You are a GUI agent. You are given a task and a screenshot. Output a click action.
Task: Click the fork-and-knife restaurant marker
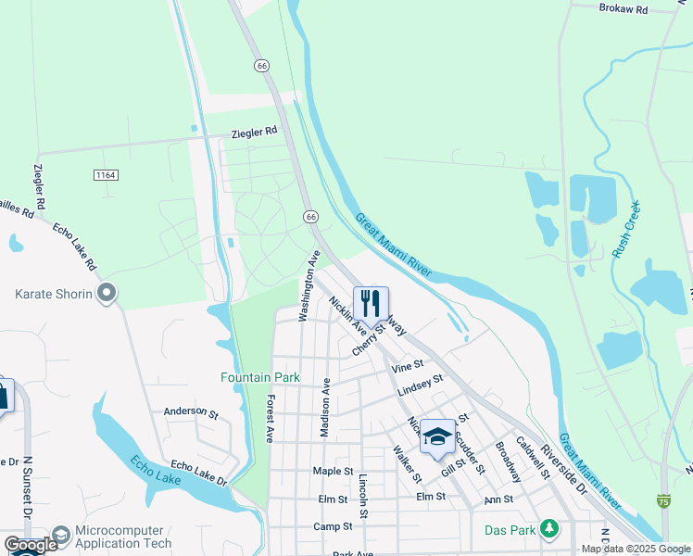point(371,303)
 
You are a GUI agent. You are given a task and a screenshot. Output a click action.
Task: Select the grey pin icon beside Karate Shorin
point(107,295)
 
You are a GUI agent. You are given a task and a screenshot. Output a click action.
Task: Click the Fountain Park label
point(247,377)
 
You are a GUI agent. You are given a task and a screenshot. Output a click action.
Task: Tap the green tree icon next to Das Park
point(550,529)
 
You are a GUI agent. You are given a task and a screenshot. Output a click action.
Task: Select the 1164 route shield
point(107,174)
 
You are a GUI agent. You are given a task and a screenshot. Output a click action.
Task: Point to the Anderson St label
point(190,411)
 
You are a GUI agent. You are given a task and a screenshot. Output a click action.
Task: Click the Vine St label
point(407,366)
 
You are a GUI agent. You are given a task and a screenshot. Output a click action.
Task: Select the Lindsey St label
point(421,385)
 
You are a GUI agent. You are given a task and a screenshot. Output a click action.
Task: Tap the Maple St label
point(334,472)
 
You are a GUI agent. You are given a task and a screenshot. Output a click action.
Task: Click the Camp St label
point(333,525)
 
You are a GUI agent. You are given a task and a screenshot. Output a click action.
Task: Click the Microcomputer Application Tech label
point(123,537)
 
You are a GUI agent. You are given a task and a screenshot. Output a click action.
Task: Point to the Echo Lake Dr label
point(198,472)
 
